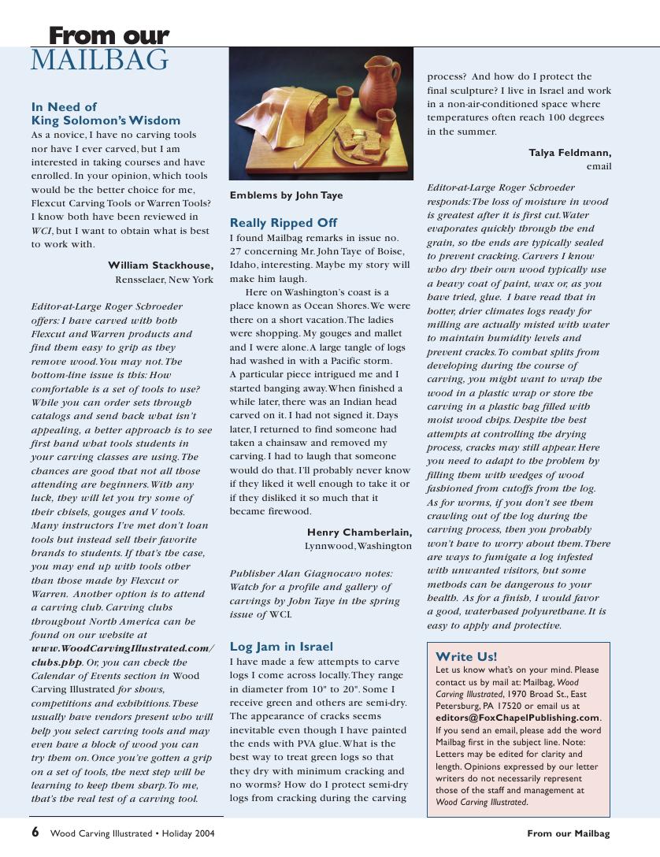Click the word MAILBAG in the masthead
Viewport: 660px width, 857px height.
99,61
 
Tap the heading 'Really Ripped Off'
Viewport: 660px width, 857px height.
283,223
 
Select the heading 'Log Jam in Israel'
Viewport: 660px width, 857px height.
281,647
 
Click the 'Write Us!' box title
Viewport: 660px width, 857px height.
466,657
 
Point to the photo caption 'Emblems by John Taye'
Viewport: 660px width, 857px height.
286,195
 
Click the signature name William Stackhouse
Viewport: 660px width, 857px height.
160,265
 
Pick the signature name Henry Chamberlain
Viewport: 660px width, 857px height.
359,532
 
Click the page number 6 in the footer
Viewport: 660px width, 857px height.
35,833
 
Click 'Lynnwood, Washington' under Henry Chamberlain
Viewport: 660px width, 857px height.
358,546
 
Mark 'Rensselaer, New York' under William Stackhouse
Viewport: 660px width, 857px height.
164,280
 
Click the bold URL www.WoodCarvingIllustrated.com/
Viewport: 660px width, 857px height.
122,648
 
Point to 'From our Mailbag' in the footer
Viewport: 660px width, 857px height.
568,833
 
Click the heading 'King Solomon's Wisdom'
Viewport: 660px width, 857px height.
106,121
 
